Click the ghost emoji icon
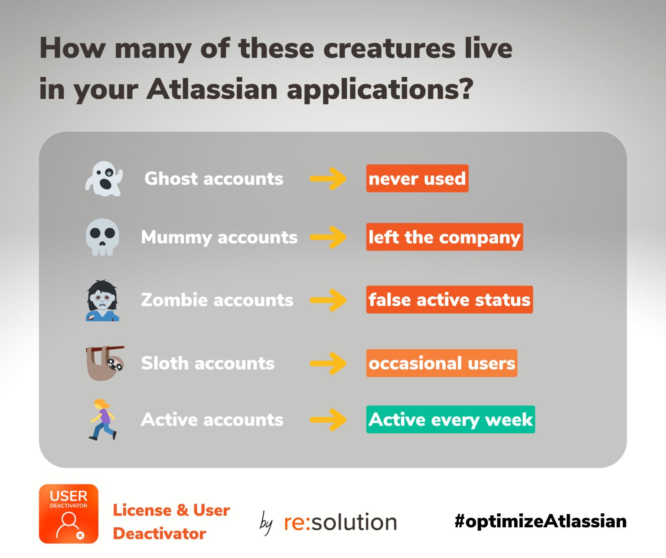coord(104,178)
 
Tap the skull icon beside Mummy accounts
coord(102,237)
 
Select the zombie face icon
coord(102,301)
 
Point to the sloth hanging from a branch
coord(105,363)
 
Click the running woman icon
coord(103,419)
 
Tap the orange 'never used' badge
coord(417,178)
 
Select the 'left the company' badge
coord(444,237)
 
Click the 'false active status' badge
coord(450,299)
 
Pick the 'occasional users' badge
coord(442,363)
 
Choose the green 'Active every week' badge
coord(451,419)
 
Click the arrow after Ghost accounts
coord(328,178)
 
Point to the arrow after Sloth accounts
coord(328,363)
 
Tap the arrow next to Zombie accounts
coord(328,300)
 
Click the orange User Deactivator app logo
coord(69,514)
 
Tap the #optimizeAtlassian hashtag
coord(541,521)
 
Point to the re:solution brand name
coord(340,522)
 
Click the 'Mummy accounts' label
coord(219,238)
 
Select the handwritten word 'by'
coord(266,523)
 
